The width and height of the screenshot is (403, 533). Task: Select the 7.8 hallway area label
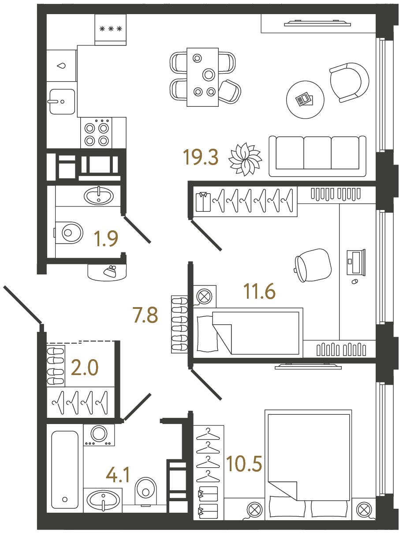[x=145, y=315]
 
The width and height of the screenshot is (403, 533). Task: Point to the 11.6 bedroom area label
[x=259, y=291]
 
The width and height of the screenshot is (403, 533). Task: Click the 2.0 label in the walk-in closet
[x=85, y=368]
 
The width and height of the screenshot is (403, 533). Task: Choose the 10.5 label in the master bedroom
[x=244, y=464]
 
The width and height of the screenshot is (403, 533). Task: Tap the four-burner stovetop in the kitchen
[x=97, y=134]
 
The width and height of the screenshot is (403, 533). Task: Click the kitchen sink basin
[x=61, y=101]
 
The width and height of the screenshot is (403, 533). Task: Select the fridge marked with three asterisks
[x=111, y=30]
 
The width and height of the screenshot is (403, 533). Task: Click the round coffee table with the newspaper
[x=305, y=100]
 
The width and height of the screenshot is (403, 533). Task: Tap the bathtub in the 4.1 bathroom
[x=65, y=469]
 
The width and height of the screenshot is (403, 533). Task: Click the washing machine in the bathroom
[x=99, y=435]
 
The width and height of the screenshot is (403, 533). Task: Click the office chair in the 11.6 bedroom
[x=313, y=265]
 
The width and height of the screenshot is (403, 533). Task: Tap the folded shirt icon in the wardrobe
[x=203, y=202]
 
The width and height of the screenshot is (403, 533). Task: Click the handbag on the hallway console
[x=109, y=271]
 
